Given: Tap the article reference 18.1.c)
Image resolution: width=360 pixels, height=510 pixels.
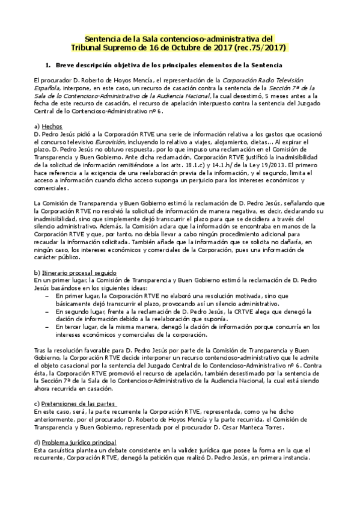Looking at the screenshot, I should tap(215, 164).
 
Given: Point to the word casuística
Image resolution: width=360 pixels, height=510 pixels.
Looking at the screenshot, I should tap(64, 450).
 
